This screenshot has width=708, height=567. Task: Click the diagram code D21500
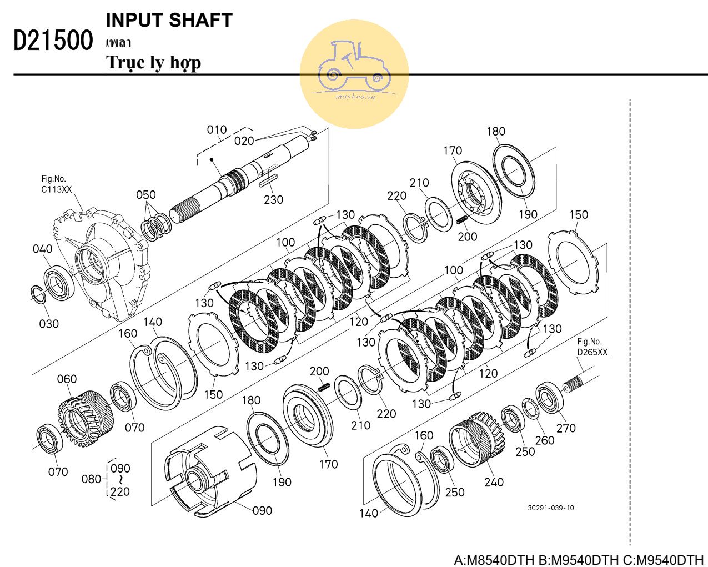point(53,41)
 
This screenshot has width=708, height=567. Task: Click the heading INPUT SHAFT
point(169,20)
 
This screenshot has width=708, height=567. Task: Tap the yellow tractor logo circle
point(354,74)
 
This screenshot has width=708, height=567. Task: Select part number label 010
point(217,130)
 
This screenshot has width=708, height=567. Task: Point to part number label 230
point(273,199)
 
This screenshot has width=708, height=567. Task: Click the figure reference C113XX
point(57,190)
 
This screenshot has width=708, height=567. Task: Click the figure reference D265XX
point(592,352)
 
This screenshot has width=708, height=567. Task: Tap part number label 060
point(67,379)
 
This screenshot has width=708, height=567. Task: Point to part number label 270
point(566,428)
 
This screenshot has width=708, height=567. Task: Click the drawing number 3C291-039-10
point(551,508)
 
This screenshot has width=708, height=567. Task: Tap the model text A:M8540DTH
point(494,559)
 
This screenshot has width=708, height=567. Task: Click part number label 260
point(544,440)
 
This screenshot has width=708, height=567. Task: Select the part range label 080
point(91,479)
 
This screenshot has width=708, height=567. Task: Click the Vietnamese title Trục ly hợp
point(153,62)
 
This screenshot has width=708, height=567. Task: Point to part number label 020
point(244,141)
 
